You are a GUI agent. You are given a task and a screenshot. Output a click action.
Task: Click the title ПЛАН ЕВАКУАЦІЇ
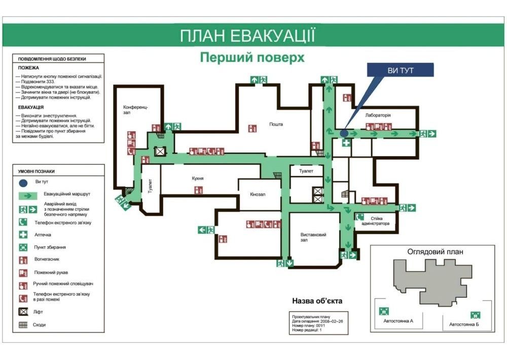(247, 37)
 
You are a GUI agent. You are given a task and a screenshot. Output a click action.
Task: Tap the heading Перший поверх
(252, 58)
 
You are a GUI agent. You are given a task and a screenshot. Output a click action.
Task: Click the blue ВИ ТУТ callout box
(400, 70)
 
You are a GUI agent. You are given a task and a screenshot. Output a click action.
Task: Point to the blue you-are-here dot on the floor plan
(344, 133)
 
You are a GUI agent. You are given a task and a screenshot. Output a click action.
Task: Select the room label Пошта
(276, 124)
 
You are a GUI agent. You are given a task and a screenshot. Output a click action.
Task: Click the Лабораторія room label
(378, 116)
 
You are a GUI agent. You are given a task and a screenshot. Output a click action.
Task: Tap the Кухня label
(198, 178)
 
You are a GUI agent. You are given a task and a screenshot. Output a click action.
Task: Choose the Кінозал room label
(258, 195)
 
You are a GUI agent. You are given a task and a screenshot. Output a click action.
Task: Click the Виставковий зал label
(313, 237)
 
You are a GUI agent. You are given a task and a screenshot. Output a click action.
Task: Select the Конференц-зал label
(135, 110)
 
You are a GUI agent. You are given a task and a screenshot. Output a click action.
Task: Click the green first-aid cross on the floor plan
(346, 143)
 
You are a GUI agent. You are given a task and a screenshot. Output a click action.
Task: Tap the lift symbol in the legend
(23, 312)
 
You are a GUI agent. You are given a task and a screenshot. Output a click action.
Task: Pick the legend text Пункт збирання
(50, 247)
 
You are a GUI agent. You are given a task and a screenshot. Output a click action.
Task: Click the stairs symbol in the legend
(23, 325)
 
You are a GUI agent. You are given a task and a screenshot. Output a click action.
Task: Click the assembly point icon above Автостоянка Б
(475, 315)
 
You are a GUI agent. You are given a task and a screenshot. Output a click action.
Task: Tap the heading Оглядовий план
(435, 251)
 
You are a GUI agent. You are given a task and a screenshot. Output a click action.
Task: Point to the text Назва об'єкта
(317, 301)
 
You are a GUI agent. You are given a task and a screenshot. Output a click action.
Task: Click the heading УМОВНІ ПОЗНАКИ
(36, 171)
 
